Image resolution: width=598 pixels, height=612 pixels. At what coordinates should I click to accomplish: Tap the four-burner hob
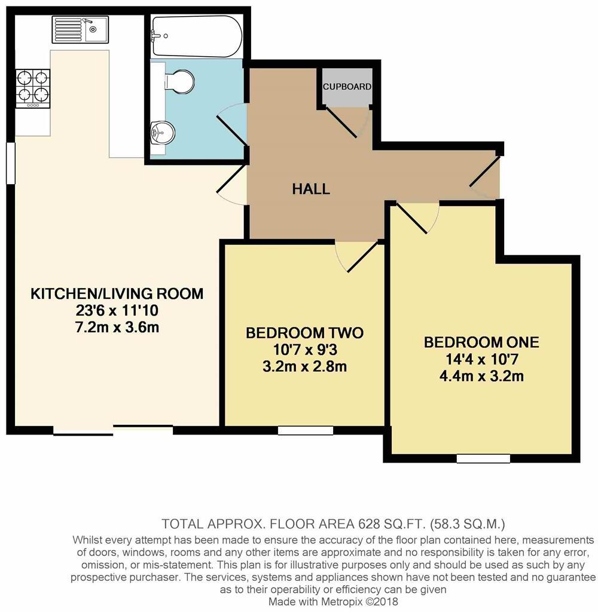tap(33, 87)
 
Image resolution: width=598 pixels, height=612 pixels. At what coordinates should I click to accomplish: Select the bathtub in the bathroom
tap(197, 27)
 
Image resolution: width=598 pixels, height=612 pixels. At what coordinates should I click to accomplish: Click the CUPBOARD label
tap(347, 87)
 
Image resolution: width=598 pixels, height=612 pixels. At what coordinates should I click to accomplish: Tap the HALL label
tap(311, 189)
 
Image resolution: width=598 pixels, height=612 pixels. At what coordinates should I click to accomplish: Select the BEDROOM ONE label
tap(481, 342)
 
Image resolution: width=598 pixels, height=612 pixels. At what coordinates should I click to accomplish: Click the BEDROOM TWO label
tap(304, 333)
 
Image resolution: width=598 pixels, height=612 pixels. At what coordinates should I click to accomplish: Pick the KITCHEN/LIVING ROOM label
tap(117, 294)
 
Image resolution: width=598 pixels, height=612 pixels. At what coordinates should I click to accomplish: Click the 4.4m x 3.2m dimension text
tap(481, 376)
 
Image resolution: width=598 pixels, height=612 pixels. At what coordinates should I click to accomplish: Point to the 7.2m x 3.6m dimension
tap(117, 328)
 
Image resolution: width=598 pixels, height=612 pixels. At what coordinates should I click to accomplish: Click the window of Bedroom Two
tap(306, 429)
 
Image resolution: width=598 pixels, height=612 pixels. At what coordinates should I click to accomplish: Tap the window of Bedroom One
tap(483, 458)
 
